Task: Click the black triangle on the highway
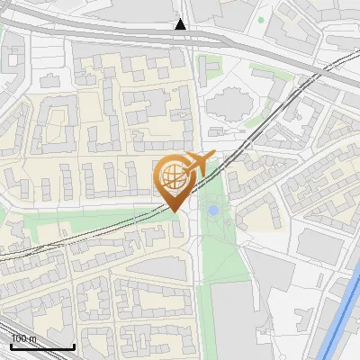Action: click(181, 24)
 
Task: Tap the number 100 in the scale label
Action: click(20, 339)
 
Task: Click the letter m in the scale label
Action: click(33, 339)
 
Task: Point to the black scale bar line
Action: click(42, 346)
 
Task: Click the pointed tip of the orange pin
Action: click(176, 211)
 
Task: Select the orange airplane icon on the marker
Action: click(198, 164)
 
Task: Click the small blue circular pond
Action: click(212, 210)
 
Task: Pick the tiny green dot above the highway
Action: click(262, 19)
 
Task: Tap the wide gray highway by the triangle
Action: click(135, 34)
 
